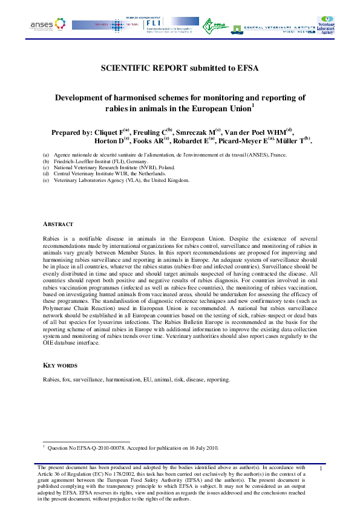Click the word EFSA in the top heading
(247, 68)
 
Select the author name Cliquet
(107, 132)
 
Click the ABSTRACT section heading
(59, 224)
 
